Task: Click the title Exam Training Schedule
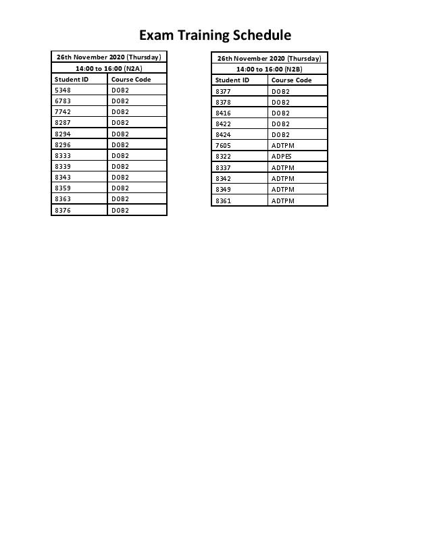tap(215, 35)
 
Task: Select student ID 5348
tap(63, 90)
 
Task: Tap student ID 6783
tap(63, 101)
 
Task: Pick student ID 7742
tap(63, 111)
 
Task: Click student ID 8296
tap(63, 144)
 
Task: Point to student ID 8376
tap(63, 210)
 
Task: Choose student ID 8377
tap(223, 90)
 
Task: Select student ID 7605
tap(223, 145)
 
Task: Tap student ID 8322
tap(223, 156)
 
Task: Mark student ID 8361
tap(223, 201)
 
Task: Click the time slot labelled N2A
tap(109, 68)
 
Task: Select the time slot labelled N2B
tap(269, 69)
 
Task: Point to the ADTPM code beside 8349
tap(283, 190)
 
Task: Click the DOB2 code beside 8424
tap(280, 134)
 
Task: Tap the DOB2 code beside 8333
tap(120, 155)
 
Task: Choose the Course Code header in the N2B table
tap(292, 80)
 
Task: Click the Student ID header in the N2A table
tap(72, 79)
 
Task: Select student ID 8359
tap(63, 188)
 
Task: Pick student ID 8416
tap(223, 113)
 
